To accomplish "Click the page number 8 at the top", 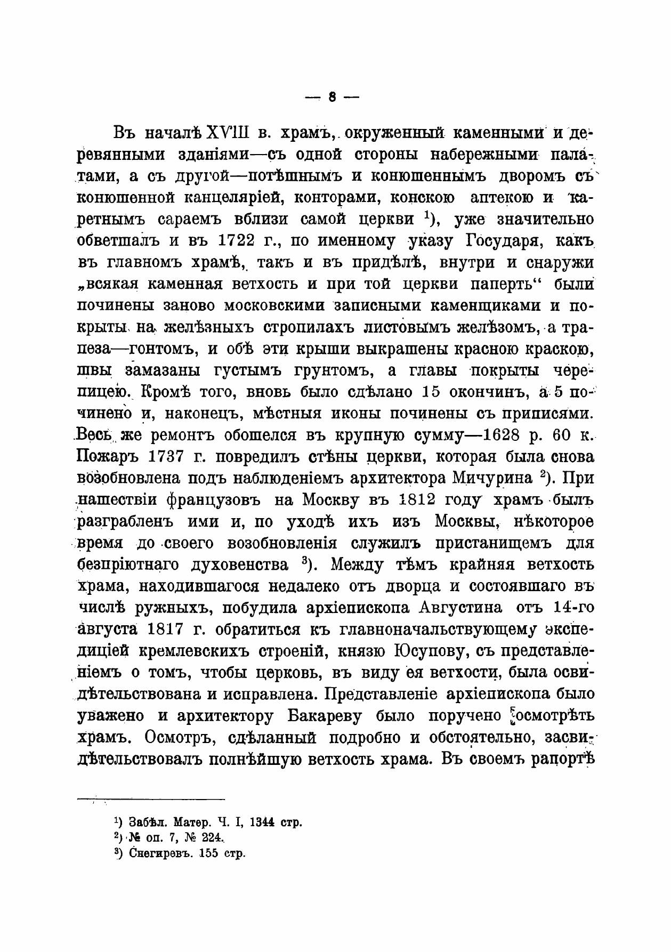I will pyautogui.click(x=332, y=97).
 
